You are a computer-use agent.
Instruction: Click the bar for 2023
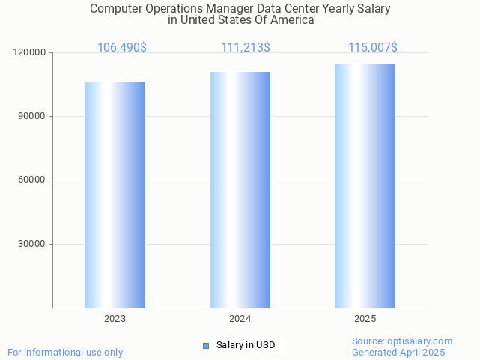tap(115, 195)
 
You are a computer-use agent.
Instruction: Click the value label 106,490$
tap(122, 48)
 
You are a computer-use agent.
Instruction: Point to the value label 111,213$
tap(246, 48)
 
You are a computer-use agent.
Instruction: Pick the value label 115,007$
tap(373, 48)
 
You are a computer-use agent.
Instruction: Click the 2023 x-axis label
tap(115, 319)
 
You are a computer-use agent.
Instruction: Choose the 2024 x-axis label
tap(240, 319)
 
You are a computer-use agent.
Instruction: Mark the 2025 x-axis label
tap(365, 319)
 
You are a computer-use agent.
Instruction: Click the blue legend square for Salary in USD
tap(206, 345)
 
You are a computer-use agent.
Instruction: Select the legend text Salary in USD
tap(246, 345)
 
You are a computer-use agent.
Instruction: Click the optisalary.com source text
tap(402, 341)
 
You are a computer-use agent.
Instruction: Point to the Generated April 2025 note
tap(398, 353)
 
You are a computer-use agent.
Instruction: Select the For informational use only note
tap(65, 353)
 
